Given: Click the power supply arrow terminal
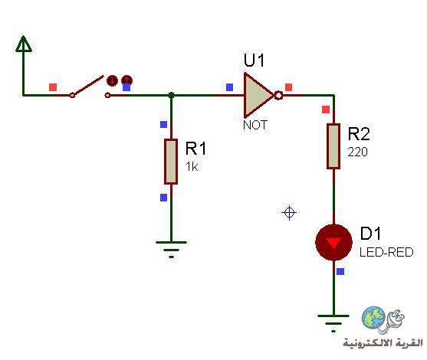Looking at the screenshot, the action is point(24,44).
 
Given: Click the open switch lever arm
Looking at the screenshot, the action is point(87,86).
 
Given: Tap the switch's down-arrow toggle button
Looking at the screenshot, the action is point(112,80).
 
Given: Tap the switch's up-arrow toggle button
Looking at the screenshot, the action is point(127,80).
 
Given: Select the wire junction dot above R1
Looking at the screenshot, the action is point(171,95).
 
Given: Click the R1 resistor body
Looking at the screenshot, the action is point(171,162).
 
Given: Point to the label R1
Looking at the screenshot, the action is point(195,149).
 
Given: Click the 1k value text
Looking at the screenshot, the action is point(192,166).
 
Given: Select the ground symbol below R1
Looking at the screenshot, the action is point(171,249).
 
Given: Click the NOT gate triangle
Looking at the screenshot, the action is point(258,95).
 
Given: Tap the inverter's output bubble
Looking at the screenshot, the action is point(278,95).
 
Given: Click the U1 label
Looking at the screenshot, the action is point(254,61).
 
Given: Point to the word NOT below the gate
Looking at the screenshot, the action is point(255,125).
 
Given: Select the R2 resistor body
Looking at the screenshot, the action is point(333,146).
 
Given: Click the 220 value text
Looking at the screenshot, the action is point(357,152).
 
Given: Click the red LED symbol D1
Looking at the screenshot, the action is point(333,243).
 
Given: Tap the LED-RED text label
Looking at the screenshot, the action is point(386,252).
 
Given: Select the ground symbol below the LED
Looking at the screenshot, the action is point(333,323).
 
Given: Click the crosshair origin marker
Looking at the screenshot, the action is point(289,212).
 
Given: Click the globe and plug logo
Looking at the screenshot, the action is point(383,320).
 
